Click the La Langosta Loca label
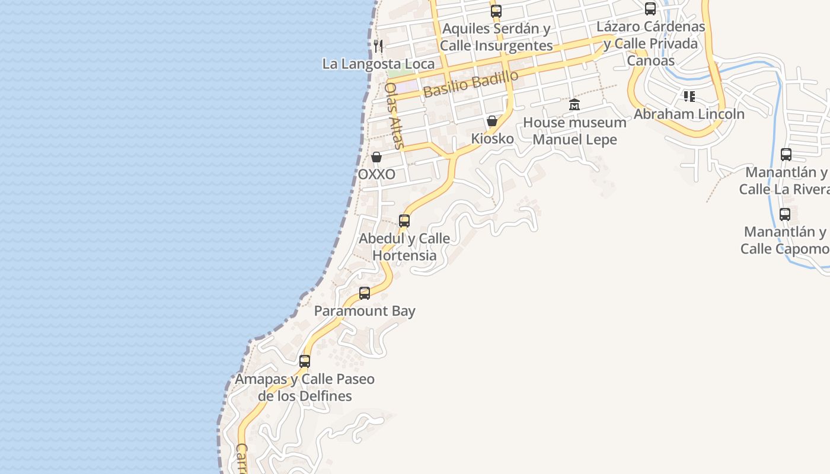click(x=378, y=64)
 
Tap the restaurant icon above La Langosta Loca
click(x=378, y=46)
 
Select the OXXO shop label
click(x=376, y=175)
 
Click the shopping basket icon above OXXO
click(x=376, y=157)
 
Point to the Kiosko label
click(x=492, y=139)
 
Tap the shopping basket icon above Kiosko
click(x=491, y=121)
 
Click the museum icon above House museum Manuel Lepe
click(x=574, y=105)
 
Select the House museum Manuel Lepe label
click(x=574, y=131)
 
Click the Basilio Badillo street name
click(x=471, y=84)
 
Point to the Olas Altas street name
click(x=394, y=115)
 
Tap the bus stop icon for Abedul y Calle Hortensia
click(x=404, y=221)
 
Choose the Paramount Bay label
click(x=365, y=311)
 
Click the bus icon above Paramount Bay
click(x=365, y=293)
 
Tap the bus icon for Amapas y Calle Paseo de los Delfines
click(x=305, y=361)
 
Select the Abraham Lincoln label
click(x=689, y=114)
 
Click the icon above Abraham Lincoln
click(x=689, y=96)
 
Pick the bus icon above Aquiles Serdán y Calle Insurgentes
click(x=496, y=11)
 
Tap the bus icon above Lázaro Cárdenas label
click(x=650, y=9)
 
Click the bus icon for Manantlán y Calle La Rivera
click(x=786, y=155)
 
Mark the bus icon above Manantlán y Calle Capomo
click(x=785, y=214)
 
